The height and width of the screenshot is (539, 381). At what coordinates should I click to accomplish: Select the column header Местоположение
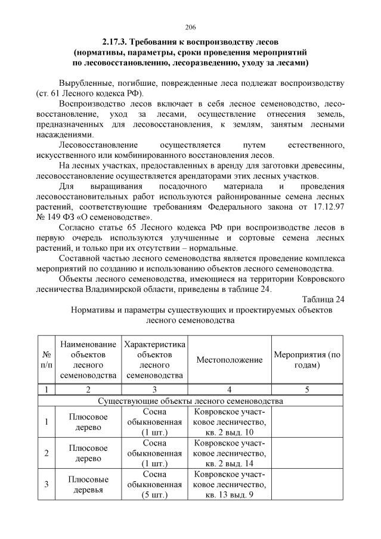tap(230, 360)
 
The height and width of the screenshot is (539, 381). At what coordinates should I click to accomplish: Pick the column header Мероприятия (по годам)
tap(307, 360)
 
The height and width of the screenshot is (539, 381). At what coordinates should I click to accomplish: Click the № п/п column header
tap(46, 360)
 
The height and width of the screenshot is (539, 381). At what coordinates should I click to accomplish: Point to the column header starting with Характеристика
tap(154, 360)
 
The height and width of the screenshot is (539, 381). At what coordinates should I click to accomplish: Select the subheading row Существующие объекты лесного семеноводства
tap(190, 401)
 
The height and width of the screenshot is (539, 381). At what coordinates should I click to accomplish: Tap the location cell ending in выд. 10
tap(230, 422)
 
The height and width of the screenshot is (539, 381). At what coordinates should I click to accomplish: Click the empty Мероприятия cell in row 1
tap(307, 422)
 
